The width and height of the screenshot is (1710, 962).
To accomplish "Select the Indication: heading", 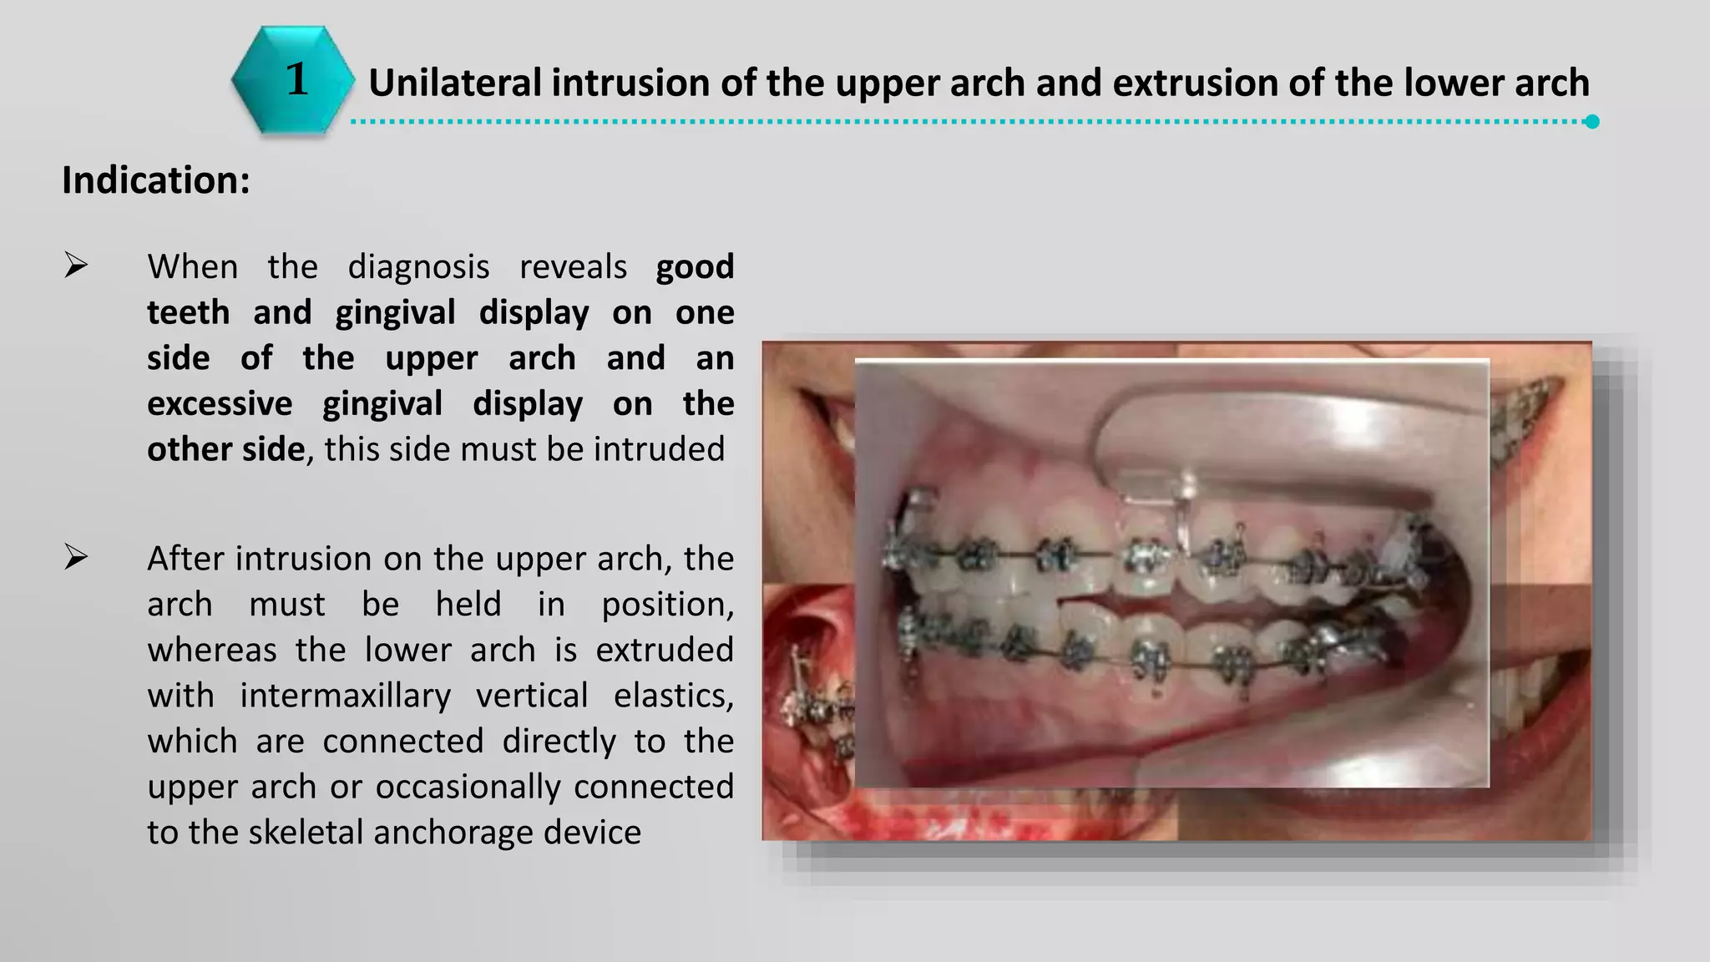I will tap(156, 180).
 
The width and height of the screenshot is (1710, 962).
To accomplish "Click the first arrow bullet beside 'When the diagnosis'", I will tap(76, 266).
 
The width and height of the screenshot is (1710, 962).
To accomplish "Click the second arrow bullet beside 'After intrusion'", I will tap(76, 557).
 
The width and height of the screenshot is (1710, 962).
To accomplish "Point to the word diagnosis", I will tap(418, 267).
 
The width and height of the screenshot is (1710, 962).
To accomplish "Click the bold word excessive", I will tap(220, 404).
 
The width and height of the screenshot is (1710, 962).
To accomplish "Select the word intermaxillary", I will tap(345, 696).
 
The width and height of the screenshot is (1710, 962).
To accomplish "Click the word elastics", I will tap(673, 696).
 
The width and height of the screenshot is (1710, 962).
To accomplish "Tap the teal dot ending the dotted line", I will tap(1592, 122).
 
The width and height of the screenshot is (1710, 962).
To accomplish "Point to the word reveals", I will tap(573, 267).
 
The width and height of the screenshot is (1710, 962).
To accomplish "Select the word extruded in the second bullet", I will tap(665, 650).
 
